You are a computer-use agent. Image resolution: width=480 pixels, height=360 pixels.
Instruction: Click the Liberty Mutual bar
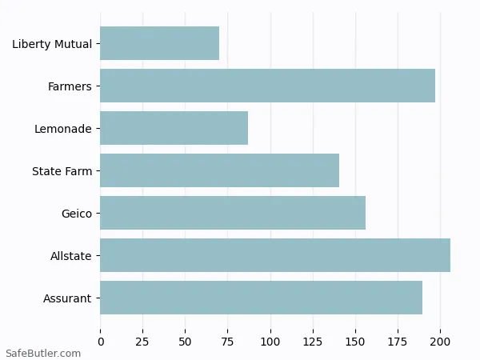coord(159,43)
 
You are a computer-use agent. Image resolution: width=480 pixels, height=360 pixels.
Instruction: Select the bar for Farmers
coord(267,86)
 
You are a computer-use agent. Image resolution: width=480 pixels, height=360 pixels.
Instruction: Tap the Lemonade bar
coord(174,128)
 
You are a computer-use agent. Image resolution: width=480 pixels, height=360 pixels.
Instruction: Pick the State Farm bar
coord(219,170)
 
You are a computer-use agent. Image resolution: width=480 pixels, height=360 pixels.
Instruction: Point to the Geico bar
coord(233,213)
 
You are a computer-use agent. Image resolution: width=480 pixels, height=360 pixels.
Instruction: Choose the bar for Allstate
coord(275,255)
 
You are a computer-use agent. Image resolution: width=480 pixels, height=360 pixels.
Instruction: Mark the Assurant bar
coord(261,298)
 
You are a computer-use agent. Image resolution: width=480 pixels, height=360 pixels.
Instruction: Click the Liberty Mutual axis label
coord(52,44)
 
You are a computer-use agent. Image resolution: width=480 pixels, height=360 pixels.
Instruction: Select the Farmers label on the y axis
coord(70,86)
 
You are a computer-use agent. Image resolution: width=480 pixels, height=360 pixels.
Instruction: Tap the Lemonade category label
coord(63,129)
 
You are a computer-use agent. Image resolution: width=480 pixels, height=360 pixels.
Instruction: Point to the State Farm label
coord(62,171)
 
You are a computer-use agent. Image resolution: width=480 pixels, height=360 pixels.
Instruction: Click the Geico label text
coord(76,214)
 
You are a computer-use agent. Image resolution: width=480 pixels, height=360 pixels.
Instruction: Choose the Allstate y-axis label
coord(71,256)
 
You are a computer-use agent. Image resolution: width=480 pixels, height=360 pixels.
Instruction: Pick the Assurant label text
coord(67,298)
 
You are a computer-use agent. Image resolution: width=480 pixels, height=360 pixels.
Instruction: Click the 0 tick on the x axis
coord(101,342)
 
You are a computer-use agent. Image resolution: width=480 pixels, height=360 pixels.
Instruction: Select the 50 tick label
coord(186,342)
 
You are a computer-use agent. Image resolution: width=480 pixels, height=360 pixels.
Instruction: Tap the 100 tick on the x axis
coord(270,342)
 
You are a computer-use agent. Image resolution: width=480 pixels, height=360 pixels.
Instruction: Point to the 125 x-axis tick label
coord(313,342)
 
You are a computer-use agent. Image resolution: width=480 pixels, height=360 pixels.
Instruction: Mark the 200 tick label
coord(440,342)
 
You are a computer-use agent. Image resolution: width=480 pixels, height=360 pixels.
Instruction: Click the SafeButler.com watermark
coord(43,353)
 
